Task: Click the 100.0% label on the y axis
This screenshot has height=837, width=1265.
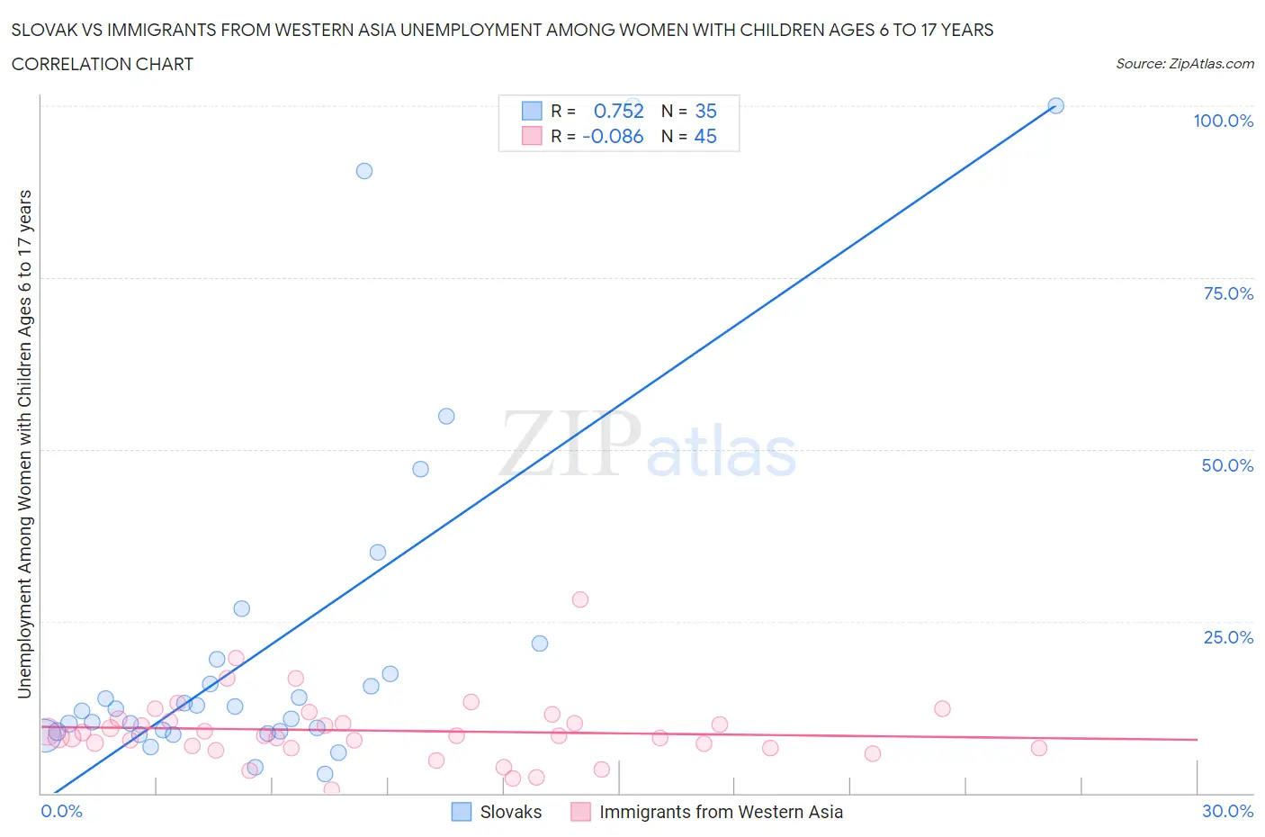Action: (x=1223, y=121)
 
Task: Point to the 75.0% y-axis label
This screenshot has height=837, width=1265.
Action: (x=1227, y=293)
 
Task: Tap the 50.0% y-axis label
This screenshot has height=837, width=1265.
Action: (x=1227, y=465)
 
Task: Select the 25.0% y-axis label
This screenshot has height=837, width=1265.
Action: (x=1227, y=637)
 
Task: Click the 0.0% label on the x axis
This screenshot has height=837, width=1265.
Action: (x=61, y=811)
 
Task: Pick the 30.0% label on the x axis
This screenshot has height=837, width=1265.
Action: (x=1227, y=811)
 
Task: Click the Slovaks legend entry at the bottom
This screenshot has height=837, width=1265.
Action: (x=510, y=812)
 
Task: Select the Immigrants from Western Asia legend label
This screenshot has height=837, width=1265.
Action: (x=721, y=812)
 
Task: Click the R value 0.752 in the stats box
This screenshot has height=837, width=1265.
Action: (x=618, y=111)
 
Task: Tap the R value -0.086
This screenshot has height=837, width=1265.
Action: (x=613, y=136)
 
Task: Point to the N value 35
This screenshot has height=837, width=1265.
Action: (x=705, y=111)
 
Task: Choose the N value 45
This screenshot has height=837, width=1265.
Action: (x=705, y=136)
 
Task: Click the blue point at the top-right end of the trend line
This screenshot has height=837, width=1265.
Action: (x=1056, y=105)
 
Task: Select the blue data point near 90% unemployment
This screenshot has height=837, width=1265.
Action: (x=364, y=171)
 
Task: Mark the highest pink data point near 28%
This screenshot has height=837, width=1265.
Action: (x=580, y=599)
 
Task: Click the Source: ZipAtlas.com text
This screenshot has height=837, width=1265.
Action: (x=1184, y=64)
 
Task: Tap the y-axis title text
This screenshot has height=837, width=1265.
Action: (x=24, y=444)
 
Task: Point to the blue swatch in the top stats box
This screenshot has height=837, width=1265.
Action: (x=532, y=111)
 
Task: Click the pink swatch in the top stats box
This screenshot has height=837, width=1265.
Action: (x=532, y=136)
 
